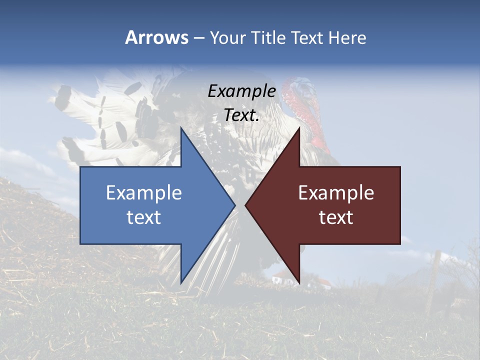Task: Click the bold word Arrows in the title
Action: tap(156, 37)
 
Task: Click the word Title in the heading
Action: tap(267, 37)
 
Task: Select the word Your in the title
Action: tap(227, 37)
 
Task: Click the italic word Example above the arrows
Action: tap(241, 91)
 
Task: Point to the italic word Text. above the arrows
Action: tap(241, 115)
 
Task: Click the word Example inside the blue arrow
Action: tap(144, 192)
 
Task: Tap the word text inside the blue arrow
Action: tap(144, 217)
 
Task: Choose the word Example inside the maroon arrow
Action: tap(336, 192)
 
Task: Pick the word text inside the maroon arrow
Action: tap(336, 217)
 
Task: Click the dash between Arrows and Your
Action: tap(198, 38)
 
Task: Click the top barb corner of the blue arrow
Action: tap(181, 129)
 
